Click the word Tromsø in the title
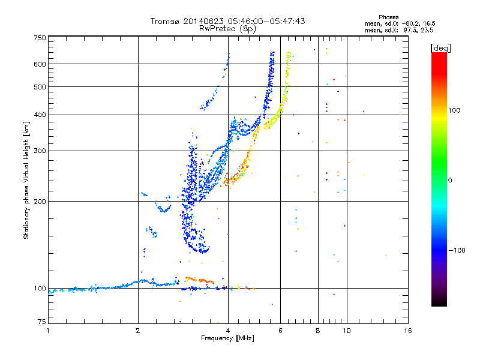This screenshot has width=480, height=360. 165,21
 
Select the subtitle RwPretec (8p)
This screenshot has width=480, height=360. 227,29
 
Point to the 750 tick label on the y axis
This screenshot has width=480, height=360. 40,38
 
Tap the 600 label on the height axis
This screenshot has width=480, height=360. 40,64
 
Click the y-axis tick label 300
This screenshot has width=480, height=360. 40,151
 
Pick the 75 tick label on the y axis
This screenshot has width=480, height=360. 42,322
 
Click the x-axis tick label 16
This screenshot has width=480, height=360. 408,331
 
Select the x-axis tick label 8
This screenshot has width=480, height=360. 318,331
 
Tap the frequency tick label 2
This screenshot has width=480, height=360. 138,331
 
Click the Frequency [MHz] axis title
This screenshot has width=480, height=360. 227,338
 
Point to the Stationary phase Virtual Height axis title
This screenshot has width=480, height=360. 26,180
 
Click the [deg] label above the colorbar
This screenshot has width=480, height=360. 440,48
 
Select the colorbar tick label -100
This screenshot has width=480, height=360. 457,250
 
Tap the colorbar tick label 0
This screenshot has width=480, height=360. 450,180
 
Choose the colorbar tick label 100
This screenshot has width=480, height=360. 454,110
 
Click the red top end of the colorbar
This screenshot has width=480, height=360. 439,53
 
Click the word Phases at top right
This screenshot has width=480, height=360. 388,17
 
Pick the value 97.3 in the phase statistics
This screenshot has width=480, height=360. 410,30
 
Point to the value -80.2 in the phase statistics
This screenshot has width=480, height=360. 411,23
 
